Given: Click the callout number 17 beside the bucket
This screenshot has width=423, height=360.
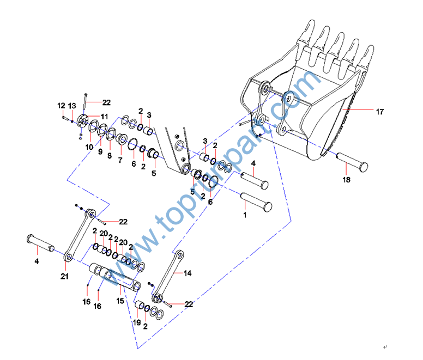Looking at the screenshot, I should [x=379, y=112].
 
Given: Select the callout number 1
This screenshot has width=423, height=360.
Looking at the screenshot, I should [x=245, y=215].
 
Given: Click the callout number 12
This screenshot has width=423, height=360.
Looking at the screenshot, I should [x=61, y=106].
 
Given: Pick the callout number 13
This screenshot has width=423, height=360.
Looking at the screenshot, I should [x=72, y=106].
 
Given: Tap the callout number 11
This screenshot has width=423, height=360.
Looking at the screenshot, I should [x=104, y=116].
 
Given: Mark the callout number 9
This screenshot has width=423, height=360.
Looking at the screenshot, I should [x=100, y=152].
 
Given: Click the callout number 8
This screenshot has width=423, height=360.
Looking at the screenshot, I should [x=109, y=156].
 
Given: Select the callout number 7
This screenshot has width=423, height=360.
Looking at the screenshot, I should [x=120, y=161].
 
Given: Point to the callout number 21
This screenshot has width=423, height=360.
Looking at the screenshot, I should [x=64, y=277].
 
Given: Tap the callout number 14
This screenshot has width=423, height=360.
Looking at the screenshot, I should [x=188, y=273].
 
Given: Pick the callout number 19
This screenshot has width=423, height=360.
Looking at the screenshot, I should [x=137, y=322].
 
